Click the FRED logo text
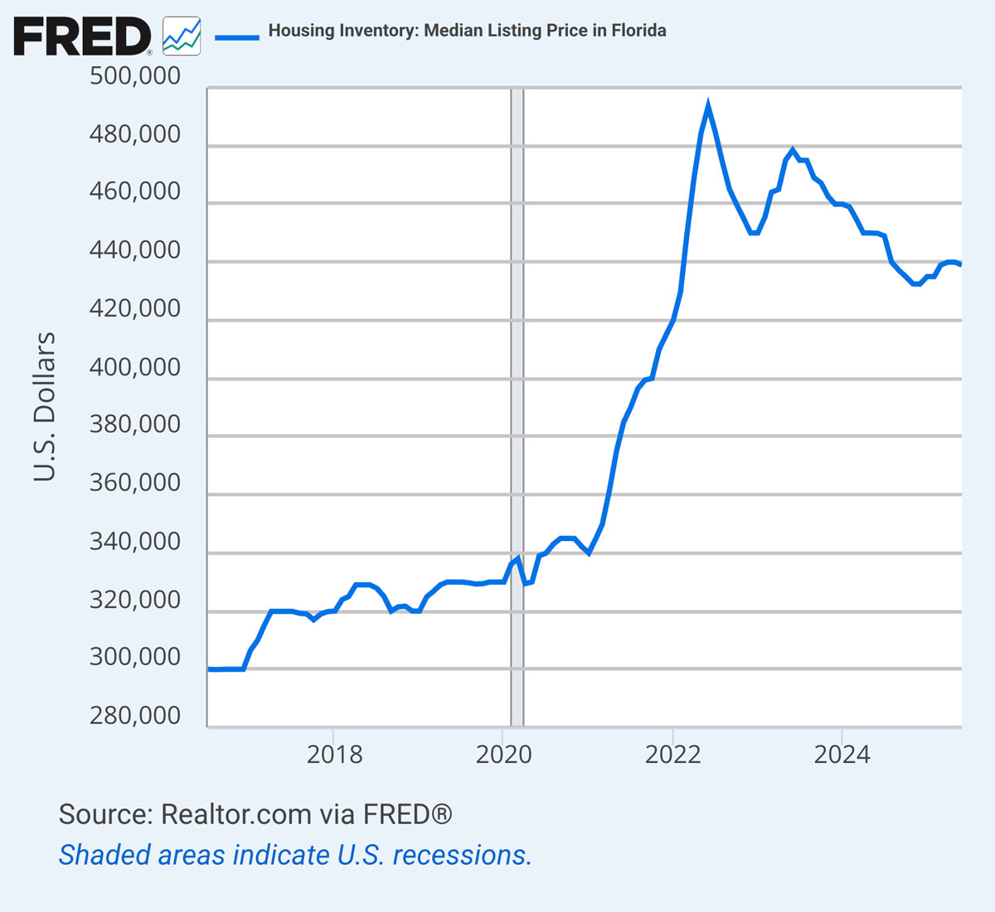point(82,37)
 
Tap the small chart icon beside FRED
point(181,36)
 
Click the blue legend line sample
point(236,36)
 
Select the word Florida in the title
point(638,31)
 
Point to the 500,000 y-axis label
point(134,76)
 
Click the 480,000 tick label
point(134,134)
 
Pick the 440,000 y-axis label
point(134,250)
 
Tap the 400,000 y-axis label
point(134,367)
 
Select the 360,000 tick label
point(134,482)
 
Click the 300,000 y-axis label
point(134,657)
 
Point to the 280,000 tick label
point(134,716)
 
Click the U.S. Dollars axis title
point(45,407)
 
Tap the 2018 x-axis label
point(334,755)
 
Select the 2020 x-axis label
point(503,755)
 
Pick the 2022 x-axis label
point(673,755)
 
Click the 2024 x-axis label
point(842,755)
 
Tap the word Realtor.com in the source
point(235,814)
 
